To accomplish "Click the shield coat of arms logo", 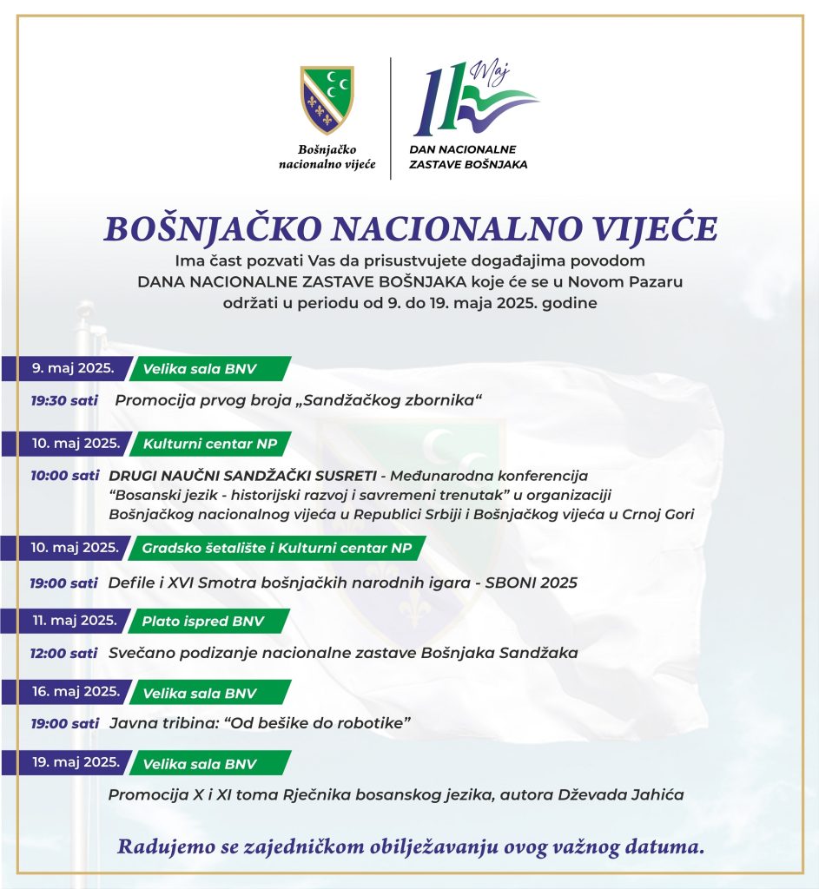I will (x=327, y=100).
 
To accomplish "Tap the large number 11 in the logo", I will (x=438, y=100).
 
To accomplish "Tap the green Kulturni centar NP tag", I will (x=210, y=444).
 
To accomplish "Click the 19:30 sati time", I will (x=61, y=400).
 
